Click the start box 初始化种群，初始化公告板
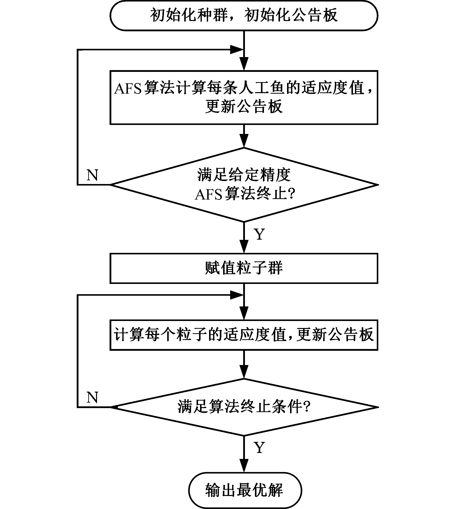(x=244, y=16)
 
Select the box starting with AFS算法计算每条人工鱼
(x=244, y=97)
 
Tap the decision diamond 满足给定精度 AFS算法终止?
(x=244, y=185)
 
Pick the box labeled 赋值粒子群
(x=244, y=268)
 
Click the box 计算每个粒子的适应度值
(x=244, y=334)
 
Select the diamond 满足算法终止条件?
(x=244, y=407)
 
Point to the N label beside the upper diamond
(x=92, y=175)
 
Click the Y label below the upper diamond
(x=259, y=234)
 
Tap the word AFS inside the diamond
(x=209, y=194)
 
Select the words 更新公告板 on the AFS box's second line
(x=244, y=107)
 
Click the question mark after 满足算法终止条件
(x=307, y=407)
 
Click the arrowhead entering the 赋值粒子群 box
(x=244, y=247)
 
